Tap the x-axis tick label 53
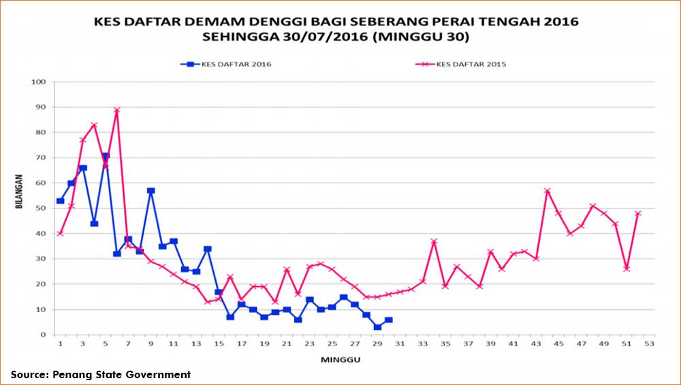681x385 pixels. [649, 344]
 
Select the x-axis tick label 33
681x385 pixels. [422, 344]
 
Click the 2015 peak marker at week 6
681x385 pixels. [116, 110]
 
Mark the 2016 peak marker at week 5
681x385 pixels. [106, 155]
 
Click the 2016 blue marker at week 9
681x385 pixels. [151, 191]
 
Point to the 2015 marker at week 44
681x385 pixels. [547, 191]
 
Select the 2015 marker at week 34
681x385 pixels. [434, 241]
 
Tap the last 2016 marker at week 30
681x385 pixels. [388, 320]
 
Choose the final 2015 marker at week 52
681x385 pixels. [638, 213]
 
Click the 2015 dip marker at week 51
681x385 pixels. [627, 268]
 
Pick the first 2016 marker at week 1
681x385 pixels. [60, 201]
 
